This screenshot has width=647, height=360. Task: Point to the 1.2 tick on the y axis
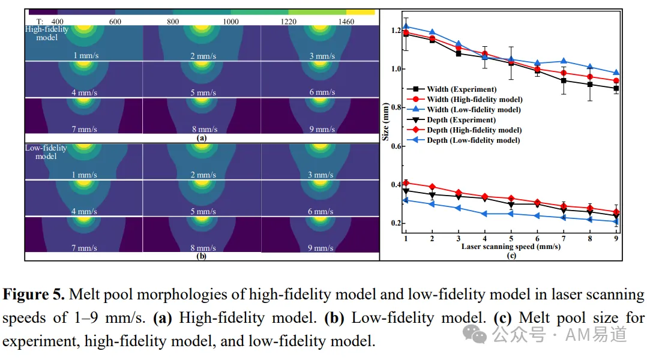point(396,31)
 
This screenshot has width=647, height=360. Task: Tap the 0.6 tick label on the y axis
point(396,146)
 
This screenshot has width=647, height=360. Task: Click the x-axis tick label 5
point(511,238)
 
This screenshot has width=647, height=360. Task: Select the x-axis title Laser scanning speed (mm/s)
point(511,247)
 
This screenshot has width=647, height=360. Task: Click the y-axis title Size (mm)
point(385,122)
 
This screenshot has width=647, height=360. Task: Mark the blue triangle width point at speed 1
point(406,27)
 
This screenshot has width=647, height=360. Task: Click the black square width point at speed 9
point(616,88)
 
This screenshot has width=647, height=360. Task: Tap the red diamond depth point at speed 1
point(406,183)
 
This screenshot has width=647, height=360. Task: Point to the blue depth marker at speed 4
point(484,214)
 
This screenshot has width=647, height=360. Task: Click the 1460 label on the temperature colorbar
point(346,22)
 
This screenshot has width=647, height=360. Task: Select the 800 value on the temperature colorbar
point(173,22)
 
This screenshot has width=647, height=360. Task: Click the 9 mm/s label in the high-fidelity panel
point(322,129)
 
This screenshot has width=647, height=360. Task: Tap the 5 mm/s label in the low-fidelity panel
point(203,212)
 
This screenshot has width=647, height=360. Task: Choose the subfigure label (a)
point(202,138)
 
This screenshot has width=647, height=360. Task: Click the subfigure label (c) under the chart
point(511,255)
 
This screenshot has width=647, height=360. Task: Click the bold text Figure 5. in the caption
point(34,295)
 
